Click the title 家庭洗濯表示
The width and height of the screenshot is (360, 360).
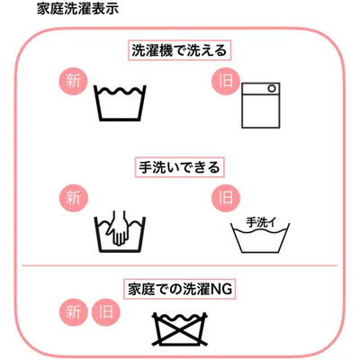click(77, 8)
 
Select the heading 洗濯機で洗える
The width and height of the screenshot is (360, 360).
click(179, 50)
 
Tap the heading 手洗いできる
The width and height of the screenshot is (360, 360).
click(179, 167)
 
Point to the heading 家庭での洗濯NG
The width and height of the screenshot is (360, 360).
click(180, 289)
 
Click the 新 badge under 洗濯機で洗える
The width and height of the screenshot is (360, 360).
click(73, 81)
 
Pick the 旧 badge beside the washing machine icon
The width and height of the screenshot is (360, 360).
click(226, 81)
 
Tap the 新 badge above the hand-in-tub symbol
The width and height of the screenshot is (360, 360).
click(73, 198)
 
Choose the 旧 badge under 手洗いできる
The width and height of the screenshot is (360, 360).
click(226, 198)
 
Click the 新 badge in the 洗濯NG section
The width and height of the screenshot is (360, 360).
click(73, 312)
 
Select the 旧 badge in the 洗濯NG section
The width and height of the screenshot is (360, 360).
click(105, 312)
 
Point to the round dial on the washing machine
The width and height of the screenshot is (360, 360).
click(272, 89)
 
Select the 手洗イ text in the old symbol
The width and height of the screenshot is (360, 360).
click(260, 222)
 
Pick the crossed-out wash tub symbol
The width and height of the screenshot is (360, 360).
click(180, 328)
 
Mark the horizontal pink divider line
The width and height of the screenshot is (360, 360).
click(180, 265)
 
